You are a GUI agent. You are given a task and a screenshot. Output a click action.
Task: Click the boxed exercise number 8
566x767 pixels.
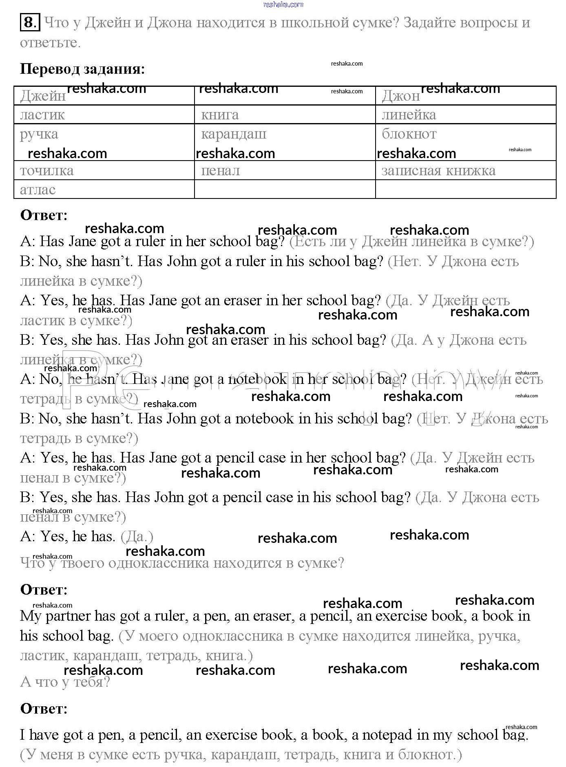[x=30, y=22]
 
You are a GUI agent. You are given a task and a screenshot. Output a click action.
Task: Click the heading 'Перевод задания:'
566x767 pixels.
[x=82, y=69]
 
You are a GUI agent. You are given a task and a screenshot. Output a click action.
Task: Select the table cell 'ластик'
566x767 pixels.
[x=42, y=115]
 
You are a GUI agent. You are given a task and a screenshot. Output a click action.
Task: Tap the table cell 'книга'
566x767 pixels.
[x=220, y=115]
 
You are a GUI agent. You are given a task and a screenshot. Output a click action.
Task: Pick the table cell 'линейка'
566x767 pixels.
[x=409, y=115]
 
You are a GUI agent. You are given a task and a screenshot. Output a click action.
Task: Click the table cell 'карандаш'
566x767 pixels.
[x=234, y=134]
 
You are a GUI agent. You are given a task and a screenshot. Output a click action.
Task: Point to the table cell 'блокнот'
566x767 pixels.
[x=409, y=134]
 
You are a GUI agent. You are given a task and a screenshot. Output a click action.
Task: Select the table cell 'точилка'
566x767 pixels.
[x=47, y=170]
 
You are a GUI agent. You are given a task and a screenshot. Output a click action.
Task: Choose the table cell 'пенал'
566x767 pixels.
[x=221, y=170]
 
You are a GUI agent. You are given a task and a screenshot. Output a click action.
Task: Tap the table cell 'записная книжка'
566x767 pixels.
[x=438, y=170]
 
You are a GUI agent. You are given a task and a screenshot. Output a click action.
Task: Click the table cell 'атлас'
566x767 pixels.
[x=38, y=190]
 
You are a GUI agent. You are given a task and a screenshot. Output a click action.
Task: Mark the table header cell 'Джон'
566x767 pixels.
[x=400, y=96]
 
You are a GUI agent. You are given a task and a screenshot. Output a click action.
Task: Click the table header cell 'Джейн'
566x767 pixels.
[x=42, y=96]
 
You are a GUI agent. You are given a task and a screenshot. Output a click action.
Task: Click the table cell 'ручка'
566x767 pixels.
[x=39, y=134]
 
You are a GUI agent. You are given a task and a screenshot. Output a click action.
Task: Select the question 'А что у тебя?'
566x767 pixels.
[x=65, y=682]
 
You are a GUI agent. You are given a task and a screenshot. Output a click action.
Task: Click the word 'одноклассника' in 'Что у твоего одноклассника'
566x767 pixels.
[x=161, y=563]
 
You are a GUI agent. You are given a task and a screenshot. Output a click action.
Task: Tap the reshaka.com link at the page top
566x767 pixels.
[x=283, y=4]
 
